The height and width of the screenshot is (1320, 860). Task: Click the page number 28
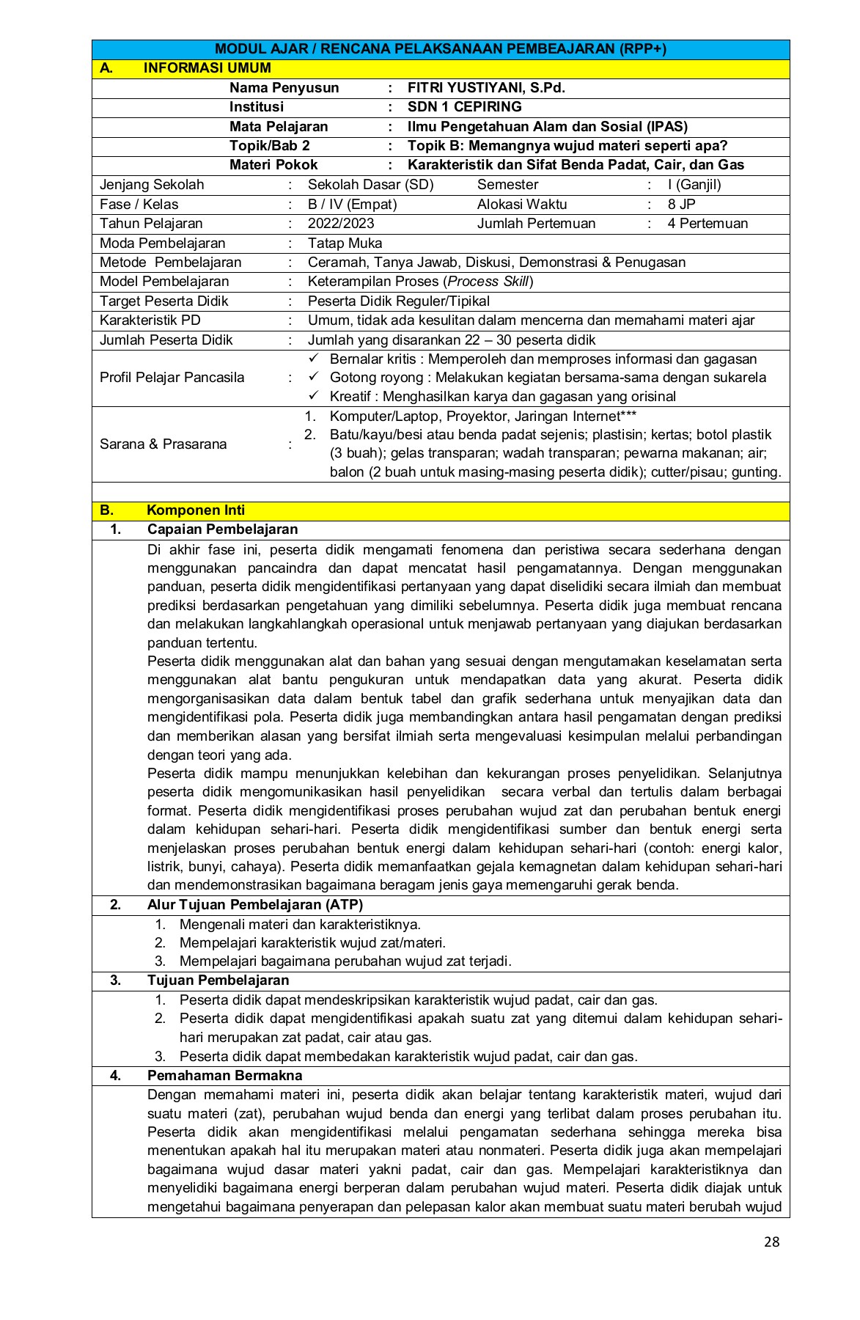[771, 1242]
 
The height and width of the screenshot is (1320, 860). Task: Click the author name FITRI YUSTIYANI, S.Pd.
[485, 88]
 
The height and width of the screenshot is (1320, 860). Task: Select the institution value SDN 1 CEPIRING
[464, 107]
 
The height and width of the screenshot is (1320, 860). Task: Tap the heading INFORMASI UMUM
[207, 68]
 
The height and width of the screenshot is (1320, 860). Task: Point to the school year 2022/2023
[340, 224]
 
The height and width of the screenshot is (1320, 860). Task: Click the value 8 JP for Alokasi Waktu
[681, 205]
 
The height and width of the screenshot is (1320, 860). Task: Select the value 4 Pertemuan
[707, 224]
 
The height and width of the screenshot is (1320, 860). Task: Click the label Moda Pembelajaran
[163, 243]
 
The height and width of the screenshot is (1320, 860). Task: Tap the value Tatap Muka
[345, 243]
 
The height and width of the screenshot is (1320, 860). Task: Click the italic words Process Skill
[488, 282]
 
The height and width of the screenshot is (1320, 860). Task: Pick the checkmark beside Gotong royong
[314, 377]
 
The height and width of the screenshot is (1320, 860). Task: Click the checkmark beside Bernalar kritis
[314, 359]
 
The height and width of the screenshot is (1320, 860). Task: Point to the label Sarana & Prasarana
[163, 444]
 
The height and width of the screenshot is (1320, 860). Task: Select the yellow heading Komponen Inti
[195, 510]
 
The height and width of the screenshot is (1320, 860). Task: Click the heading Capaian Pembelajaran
[222, 529]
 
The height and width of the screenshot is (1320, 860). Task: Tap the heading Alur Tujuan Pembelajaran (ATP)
[254, 905]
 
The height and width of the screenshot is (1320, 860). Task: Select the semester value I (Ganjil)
[694, 185]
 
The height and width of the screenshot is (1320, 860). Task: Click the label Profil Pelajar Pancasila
[172, 378]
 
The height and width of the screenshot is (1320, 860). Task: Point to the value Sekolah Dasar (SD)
[370, 185]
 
